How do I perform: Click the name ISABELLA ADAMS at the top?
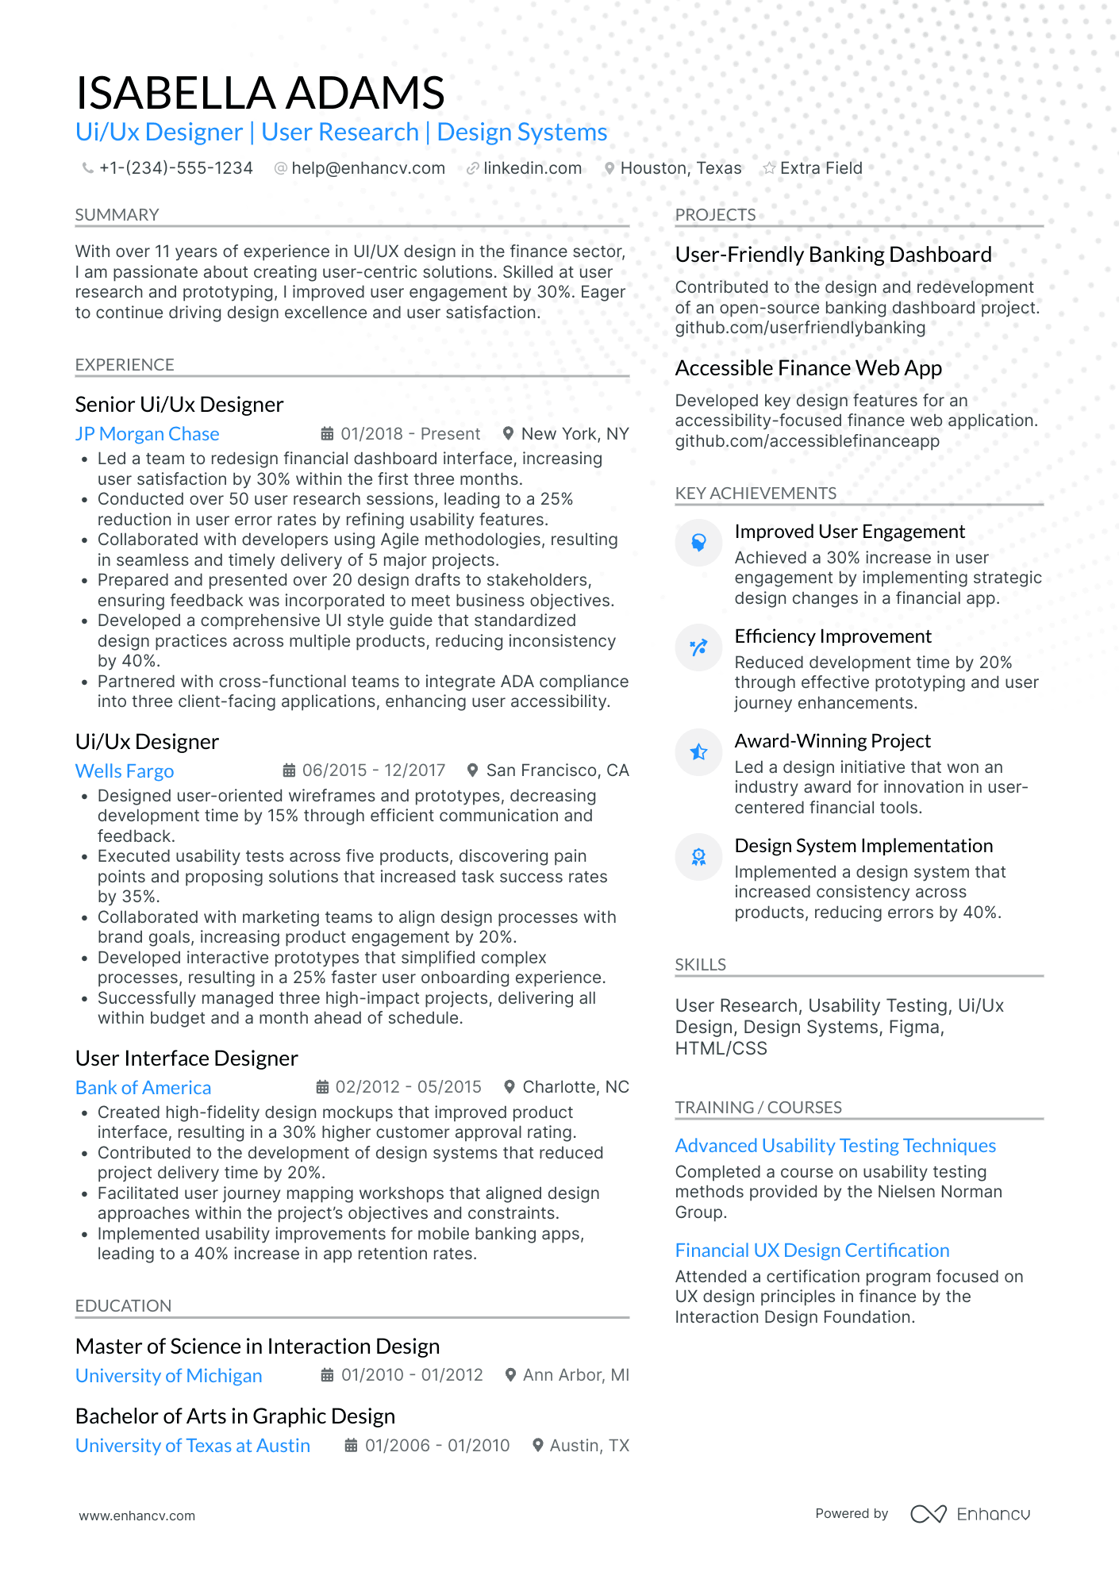260,93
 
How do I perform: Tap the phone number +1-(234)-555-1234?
175,168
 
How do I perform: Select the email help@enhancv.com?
367,168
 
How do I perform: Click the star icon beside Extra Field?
769,168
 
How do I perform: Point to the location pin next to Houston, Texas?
609,168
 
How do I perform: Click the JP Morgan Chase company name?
147,434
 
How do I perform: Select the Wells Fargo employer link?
125,771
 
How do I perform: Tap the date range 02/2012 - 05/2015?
408,1087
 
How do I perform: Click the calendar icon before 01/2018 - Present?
327,434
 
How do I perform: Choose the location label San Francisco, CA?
557,770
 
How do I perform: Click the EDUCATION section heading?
123,1306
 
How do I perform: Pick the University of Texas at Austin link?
193,1446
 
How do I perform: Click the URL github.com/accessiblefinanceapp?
807,441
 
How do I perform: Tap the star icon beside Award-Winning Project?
698,752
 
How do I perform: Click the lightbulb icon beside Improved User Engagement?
698,543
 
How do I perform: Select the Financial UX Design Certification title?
812,1251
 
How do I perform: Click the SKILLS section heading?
700,965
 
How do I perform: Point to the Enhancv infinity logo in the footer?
928,1514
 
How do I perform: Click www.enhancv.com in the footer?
137,1516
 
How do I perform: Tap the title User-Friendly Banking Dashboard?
833,255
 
